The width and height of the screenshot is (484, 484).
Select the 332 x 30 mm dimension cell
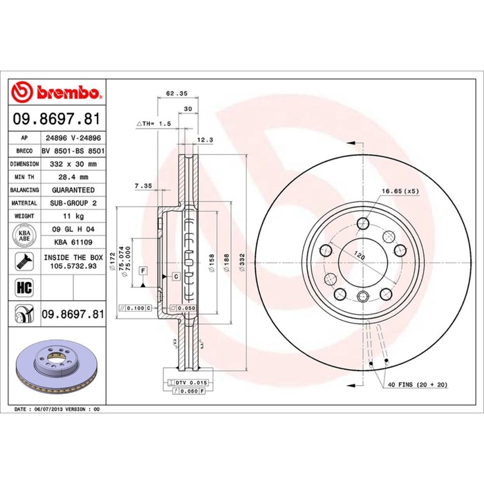(x=73, y=164)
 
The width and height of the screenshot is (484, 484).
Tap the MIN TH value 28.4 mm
(x=73, y=177)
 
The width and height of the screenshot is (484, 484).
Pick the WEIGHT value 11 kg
(x=73, y=216)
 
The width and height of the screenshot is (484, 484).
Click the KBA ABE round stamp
(x=24, y=236)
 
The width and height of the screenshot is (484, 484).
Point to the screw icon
(x=24, y=261)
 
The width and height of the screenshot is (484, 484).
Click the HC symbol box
(x=24, y=288)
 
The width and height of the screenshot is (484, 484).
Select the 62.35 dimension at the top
(x=176, y=93)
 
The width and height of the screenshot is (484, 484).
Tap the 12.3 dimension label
(x=205, y=140)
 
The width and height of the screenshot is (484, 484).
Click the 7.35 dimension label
(x=143, y=186)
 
